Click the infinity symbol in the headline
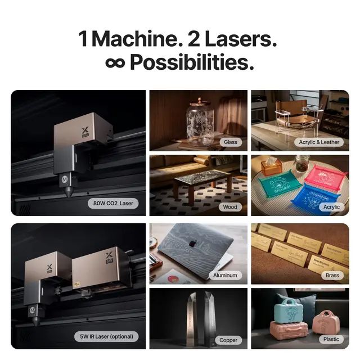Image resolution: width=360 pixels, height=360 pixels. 115,62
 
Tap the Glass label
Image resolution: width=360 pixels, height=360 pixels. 231,142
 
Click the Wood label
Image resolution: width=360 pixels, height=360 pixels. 231,206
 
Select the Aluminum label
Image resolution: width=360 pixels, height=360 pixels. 225,275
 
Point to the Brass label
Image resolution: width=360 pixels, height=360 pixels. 332,275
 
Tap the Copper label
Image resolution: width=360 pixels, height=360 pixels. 228,340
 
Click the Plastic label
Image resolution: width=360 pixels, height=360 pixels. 331,339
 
